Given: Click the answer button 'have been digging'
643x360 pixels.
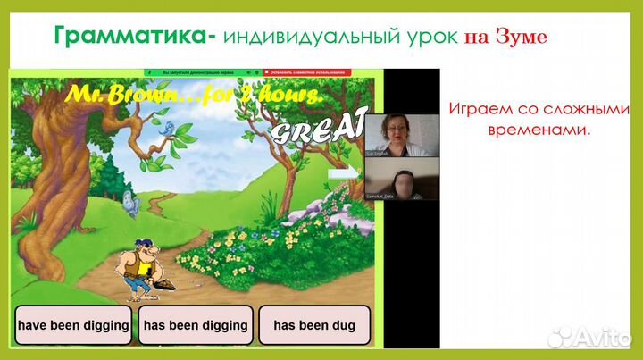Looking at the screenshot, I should pos(73,325).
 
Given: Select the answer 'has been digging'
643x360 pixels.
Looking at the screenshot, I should pos(195,325).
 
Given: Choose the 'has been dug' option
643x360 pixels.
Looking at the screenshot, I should pos(314,325).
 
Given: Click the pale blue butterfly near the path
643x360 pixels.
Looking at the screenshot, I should pos(131,205).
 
